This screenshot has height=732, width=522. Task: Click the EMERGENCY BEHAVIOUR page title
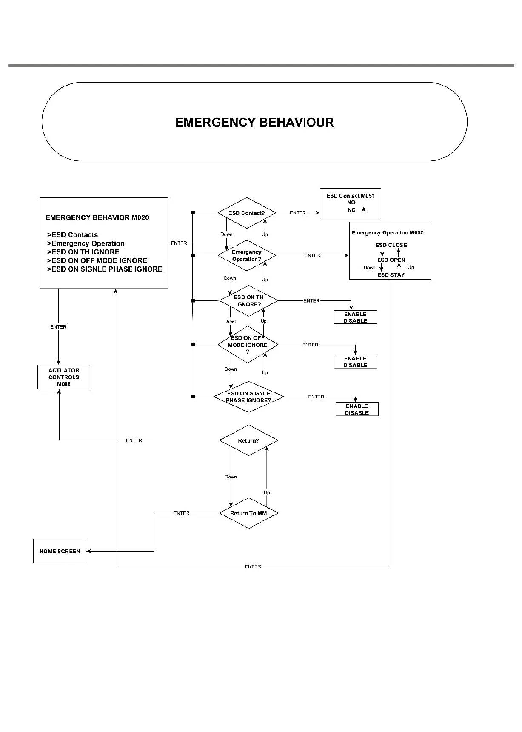click(x=254, y=123)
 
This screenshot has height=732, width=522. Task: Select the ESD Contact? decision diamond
click(x=247, y=213)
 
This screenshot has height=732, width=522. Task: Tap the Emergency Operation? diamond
click(x=247, y=255)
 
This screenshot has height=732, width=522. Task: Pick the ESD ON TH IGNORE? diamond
click(x=248, y=301)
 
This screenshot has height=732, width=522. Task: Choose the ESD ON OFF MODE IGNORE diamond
click(x=248, y=345)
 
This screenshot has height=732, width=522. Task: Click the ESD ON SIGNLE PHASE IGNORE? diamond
click(x=248, y=397)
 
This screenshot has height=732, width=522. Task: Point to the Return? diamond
click(x=248, y=440)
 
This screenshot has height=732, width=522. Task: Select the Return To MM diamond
click(x=248, y=513)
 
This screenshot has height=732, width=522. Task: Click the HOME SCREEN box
click(x=60, y=551)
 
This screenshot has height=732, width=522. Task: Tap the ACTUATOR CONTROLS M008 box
click(x=64, y=377)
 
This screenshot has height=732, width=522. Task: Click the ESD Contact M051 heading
click(x=351, y=196)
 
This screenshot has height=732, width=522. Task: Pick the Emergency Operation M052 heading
click(x=387, y=232)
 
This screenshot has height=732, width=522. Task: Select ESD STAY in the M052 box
click(x=391, y=274)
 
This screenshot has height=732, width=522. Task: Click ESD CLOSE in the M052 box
click(x=391, y=245)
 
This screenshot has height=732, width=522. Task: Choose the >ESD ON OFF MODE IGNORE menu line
click(x=97, y=260)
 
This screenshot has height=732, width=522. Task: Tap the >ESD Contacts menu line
click(x=72, y=234)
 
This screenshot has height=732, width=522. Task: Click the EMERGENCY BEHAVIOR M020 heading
click(x=97, y=217)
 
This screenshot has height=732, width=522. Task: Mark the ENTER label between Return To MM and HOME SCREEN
click(x=182, y=513)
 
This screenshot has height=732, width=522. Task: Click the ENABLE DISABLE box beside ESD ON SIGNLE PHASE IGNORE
click(x=357, y=409)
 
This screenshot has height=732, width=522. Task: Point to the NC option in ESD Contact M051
click(x=351, y=210)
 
